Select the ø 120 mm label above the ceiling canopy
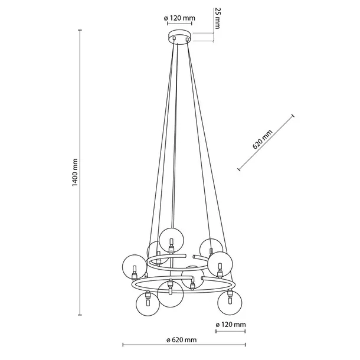click(179, 18)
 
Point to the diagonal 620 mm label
click(267, 140)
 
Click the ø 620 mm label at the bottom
click(181, 340)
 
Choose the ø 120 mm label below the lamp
click(231, 325)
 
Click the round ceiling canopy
click(179, 38)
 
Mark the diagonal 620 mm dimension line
click(266, 143)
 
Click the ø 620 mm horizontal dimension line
click(181, 346)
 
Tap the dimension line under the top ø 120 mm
click(179, 27)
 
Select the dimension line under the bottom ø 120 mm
click(231, 332)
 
